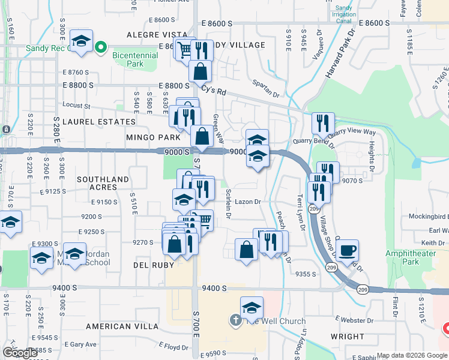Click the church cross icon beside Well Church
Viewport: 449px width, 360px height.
235,320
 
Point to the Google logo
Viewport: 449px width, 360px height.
20,353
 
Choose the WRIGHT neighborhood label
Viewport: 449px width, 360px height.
347,337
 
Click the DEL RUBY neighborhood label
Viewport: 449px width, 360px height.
149,265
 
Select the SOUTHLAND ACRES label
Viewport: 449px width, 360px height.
103,183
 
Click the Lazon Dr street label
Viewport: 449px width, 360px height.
247,202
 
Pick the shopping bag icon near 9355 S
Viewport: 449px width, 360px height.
246,249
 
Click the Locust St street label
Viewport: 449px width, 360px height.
76,106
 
